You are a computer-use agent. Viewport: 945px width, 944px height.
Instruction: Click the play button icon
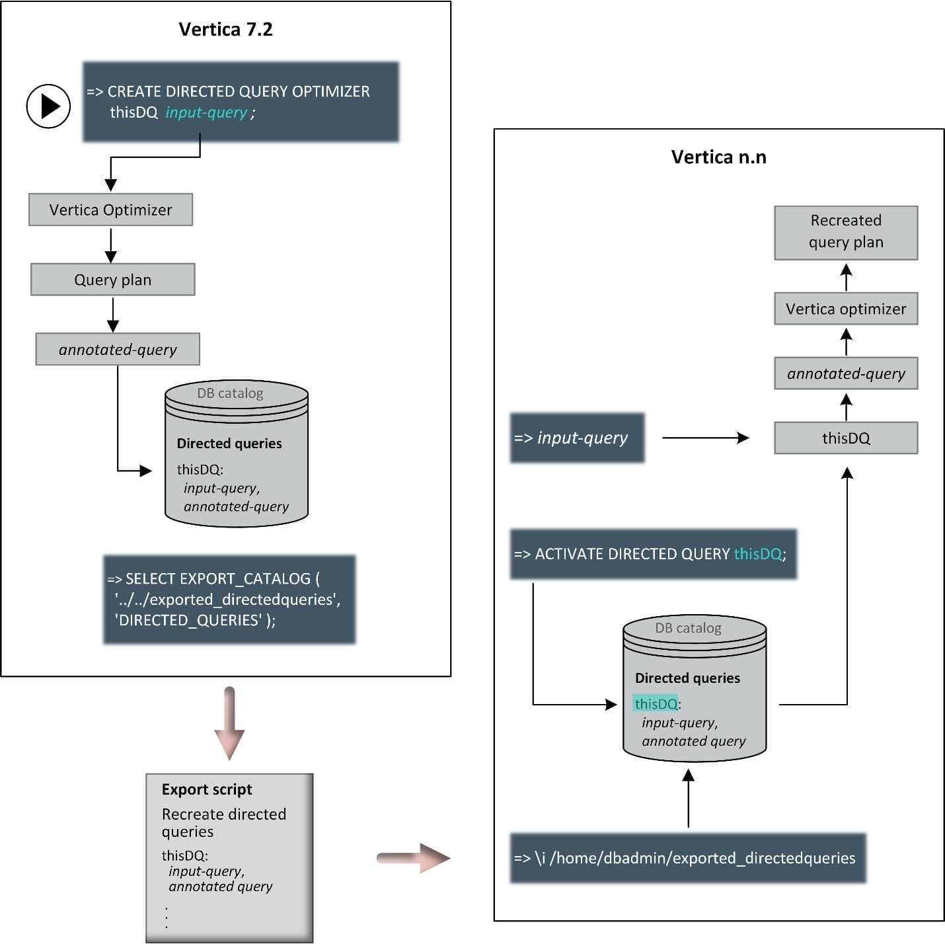(48, 106)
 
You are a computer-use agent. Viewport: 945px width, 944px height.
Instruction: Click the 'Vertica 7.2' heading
(225, 30)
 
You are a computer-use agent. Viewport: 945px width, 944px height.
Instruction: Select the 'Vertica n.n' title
(718, 157)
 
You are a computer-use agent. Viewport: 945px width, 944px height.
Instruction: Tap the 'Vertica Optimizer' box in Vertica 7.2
(110, 210)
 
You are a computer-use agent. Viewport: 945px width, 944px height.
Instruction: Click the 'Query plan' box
(112, 280)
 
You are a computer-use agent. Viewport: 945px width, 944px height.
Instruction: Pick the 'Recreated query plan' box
(846, 232)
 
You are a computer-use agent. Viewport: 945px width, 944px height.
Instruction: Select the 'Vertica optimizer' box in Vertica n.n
(846, 309)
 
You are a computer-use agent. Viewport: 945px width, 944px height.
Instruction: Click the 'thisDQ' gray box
(846, 438)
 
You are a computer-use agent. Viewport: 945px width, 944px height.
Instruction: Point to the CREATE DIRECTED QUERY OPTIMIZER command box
(241, 102)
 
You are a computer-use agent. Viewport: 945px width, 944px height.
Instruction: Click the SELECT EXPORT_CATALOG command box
(229, 599)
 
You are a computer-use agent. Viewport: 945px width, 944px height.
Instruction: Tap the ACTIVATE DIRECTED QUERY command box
(653, 554)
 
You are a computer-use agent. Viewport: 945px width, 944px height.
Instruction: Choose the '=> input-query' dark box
(577, 438)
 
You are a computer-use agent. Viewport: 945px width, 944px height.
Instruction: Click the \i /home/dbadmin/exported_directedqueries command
(687, 858)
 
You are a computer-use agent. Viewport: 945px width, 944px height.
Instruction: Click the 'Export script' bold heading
(207, 789)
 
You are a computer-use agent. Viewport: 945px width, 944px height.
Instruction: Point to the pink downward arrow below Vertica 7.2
(229, 723)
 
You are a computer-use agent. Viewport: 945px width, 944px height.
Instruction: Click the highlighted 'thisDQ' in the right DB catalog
(656, 704)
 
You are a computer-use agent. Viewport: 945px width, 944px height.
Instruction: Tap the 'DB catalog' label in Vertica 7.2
(230, 393)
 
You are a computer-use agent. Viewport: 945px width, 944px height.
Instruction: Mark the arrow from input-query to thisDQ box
(705, 438)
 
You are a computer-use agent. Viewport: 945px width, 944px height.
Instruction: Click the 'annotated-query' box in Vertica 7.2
(118, 350)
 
